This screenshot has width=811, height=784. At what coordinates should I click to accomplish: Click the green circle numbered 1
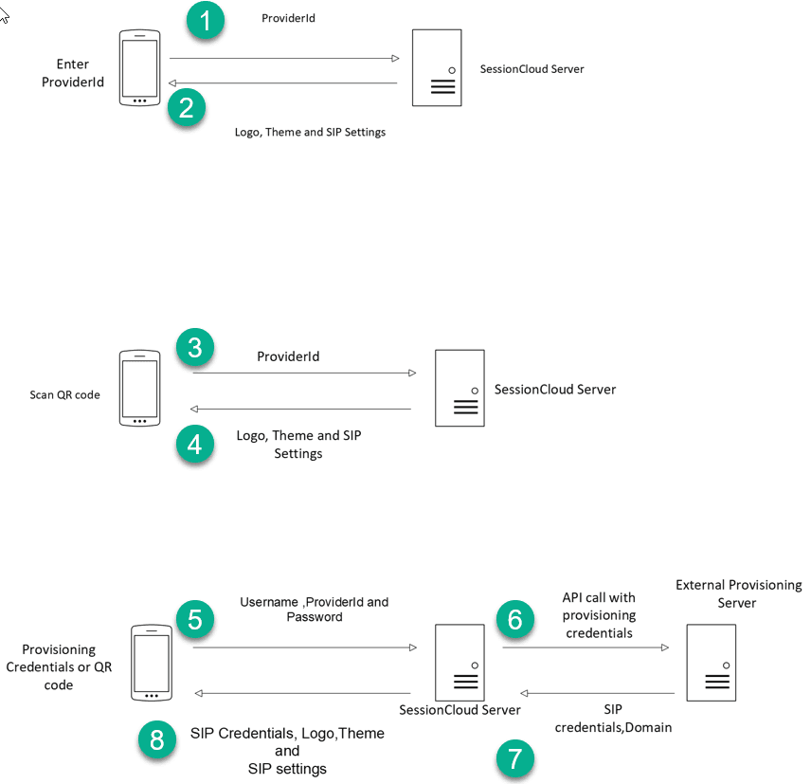tap(206, 21)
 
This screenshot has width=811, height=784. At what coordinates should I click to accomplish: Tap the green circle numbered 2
tap(187, 107)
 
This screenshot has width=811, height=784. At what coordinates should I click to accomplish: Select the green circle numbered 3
tap(195, 348)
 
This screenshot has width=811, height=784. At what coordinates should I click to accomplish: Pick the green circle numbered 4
tap(195, 445)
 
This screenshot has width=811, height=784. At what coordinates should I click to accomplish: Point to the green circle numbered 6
tap(515, 619)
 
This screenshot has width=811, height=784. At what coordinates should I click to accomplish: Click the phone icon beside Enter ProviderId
tap(139, 68)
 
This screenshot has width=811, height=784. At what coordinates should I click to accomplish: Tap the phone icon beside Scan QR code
tap(139, 389)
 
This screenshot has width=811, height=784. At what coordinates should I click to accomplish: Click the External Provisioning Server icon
tap(712, 663)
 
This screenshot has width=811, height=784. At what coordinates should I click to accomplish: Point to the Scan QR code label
tap(64, 394)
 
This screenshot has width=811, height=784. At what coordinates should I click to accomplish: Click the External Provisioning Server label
tap(737, 593)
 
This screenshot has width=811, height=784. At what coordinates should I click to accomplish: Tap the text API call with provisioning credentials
tap(599, 614)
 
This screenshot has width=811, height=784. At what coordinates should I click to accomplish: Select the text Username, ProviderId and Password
tap(314, 609)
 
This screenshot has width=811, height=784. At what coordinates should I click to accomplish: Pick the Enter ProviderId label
tap(73, 73)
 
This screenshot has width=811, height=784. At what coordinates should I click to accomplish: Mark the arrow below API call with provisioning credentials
tap(586, 647)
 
